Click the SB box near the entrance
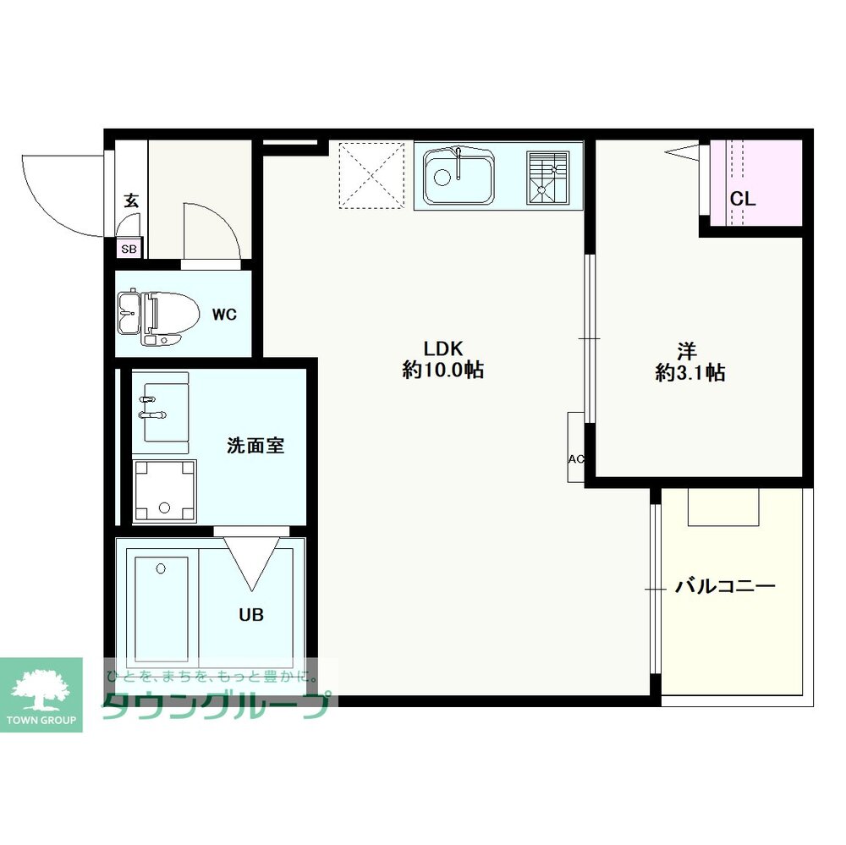point(129,248)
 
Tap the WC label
point(224,314)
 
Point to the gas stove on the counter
point(547,178)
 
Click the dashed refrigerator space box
point(371,175)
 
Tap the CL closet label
point(743,199)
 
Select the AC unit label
point(575,459)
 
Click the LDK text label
point(442,348)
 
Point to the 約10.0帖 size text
point(442,370)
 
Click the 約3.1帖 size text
point(690,373)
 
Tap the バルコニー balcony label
point(725,585)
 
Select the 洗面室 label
point(255,446)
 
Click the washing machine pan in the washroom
point(165,491)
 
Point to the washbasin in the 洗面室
point(161,413)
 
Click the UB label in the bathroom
point(251,615)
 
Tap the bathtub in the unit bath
point(162,608)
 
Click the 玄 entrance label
point(131,200)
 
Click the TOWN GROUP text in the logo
point(41,720)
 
